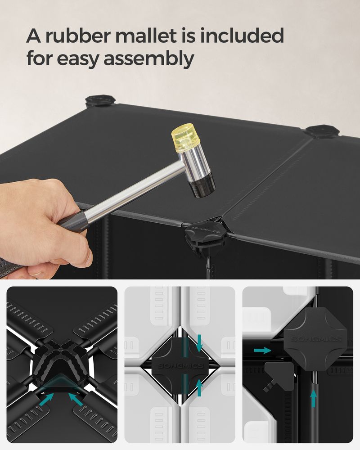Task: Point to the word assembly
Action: pos(148,59)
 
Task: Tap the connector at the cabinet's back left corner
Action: pos(100,101)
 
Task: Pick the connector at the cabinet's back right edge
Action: pos(322,131)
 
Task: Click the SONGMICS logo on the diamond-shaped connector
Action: pos(181,366)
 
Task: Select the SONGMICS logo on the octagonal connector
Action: pos(316,339)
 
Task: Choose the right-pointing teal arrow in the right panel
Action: pos(262,350)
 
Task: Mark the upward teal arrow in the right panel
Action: pos(314,398)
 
